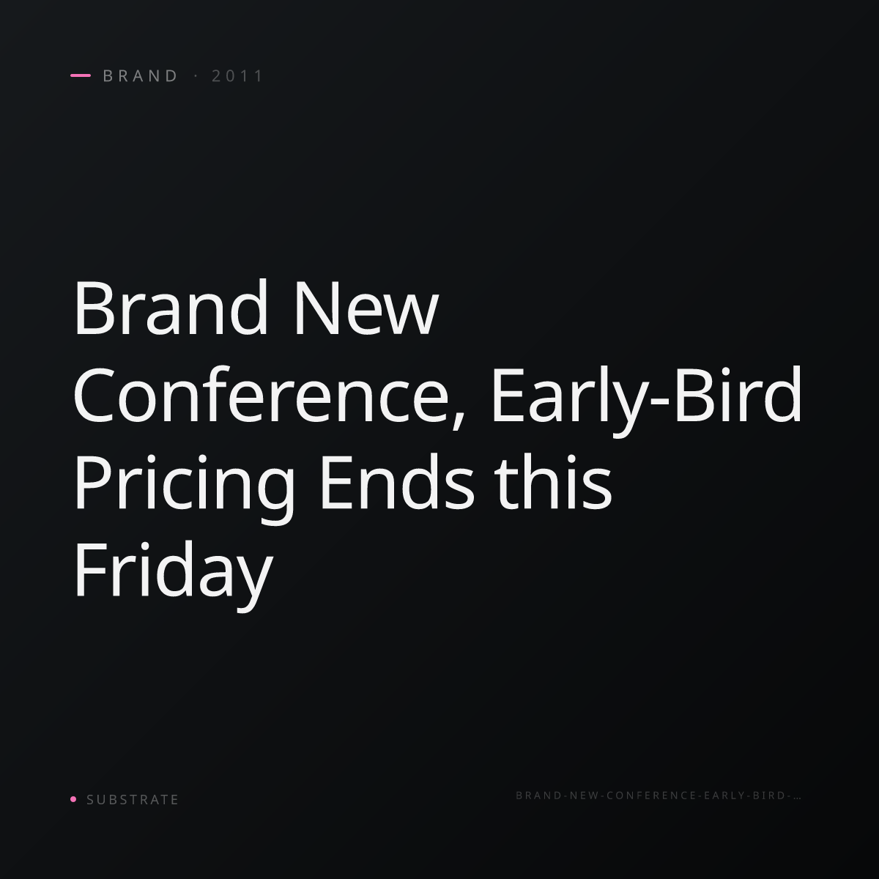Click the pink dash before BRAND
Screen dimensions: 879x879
click(81, 75)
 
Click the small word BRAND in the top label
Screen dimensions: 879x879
click(141, 75)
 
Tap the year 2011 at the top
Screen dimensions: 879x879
click(237, 75)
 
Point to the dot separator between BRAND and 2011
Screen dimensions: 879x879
click(196, 75)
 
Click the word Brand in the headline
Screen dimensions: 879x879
click(171, 307)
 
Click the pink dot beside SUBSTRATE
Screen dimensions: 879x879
click(73, 799)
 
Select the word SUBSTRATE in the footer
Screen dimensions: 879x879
click(133, 800)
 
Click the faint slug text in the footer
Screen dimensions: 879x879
click(659, 795)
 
